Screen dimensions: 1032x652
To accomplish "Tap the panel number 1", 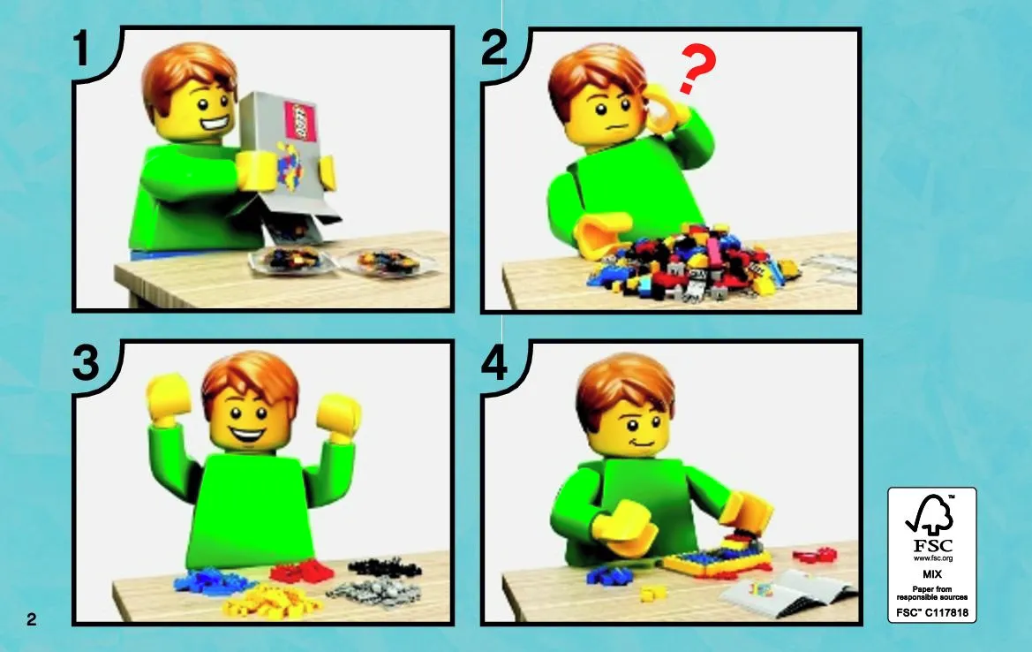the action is (81, 48).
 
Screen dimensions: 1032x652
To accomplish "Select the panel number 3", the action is (86, 363).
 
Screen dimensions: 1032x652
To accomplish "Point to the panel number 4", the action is (494, 363).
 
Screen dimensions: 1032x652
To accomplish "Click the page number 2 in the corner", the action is (32, 619).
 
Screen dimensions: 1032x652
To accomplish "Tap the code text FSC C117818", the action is (932, 612).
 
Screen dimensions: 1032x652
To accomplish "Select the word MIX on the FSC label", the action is (932, 574).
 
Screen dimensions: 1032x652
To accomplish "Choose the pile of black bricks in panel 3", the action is (384, 568).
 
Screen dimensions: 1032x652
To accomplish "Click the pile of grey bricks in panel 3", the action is (373, 591).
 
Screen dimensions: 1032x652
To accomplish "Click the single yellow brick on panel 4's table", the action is (651, 593).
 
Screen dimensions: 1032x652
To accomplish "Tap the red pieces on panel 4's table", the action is (815, 555).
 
